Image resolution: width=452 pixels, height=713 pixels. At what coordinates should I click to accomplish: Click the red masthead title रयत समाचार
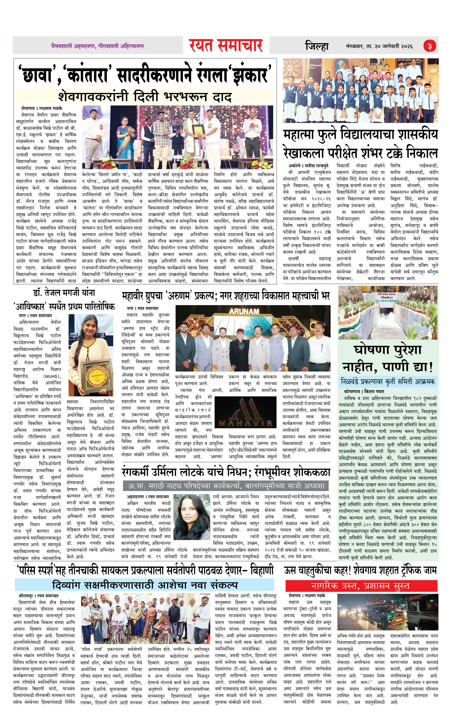coord(226,45)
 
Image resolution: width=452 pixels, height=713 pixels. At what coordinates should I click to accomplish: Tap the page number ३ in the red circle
coord(429,46)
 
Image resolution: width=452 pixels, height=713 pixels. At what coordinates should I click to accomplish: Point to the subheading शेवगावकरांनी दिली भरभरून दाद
coord(145,97)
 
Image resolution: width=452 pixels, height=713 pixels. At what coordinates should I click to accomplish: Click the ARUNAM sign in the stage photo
coord(244,311)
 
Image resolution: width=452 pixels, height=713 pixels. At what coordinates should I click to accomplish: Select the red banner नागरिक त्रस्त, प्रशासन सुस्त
coord(361,585)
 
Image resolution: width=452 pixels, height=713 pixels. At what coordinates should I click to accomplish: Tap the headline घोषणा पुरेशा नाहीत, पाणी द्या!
coord(388,358)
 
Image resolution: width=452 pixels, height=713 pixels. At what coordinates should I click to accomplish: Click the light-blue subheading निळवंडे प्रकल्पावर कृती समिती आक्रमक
coord(388,381)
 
